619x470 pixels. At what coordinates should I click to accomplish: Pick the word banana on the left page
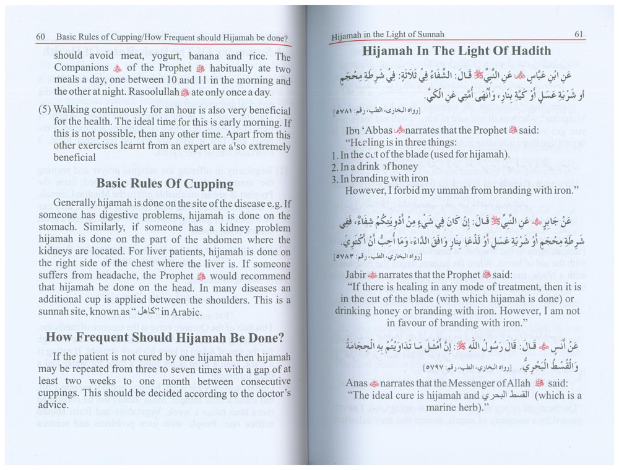(x=196, y=55)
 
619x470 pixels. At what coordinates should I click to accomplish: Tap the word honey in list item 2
(x=405, y=167)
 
